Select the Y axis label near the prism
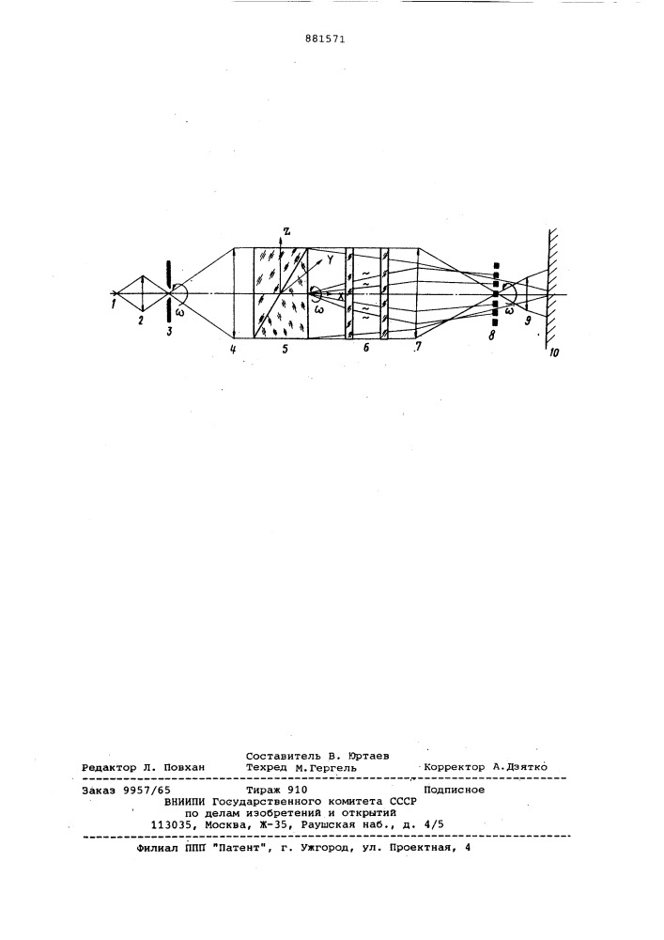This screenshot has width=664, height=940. [x=330, y=259]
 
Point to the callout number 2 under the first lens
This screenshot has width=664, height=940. [x=140, y=321]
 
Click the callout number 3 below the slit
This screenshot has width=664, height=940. [x=170, y=332]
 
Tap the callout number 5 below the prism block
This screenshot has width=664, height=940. [x=285, y=348]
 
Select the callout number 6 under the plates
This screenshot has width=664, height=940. [x=366, y=347]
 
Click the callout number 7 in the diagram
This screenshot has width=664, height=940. [x=417, y=346]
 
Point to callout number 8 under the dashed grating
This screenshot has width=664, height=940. [x=491, y=336]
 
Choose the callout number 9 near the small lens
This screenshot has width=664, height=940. [x=528, y=321]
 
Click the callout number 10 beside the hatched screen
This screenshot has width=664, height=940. [x=554, y=353]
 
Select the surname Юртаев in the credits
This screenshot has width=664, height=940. [x=368, y=756]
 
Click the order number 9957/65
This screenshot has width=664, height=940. [x=147, y=791]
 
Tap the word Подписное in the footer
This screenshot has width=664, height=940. [x=455, y=791]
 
